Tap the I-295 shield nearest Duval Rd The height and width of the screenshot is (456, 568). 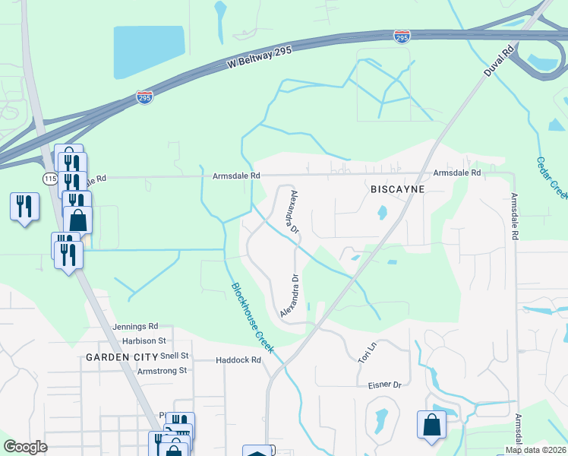pyautogui.click(x=402, y=36)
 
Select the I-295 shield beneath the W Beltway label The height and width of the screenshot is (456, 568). pyautogui.click(x=144, y=97)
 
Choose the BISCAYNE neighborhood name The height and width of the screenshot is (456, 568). pyautogui.click(x=396, y=188)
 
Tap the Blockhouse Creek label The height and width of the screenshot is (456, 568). pyautogui.click(x=252, y=317)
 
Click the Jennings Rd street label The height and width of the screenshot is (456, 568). pyautogui.click(x=135, y=326)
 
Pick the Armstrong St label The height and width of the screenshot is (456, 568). pyautogui.click(x=162, y=370)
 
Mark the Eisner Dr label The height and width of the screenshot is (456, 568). pyautogui.click(x=383, y=385)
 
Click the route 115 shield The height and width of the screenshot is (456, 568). pyautogui.click(x=50, y=178)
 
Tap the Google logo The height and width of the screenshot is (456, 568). pyautogui.click(x=25, y=447)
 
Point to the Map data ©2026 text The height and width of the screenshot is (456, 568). pyautogui.click(x=535, y=450)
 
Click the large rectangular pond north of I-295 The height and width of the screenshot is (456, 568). pyautogui.click(x=149, y=52)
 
